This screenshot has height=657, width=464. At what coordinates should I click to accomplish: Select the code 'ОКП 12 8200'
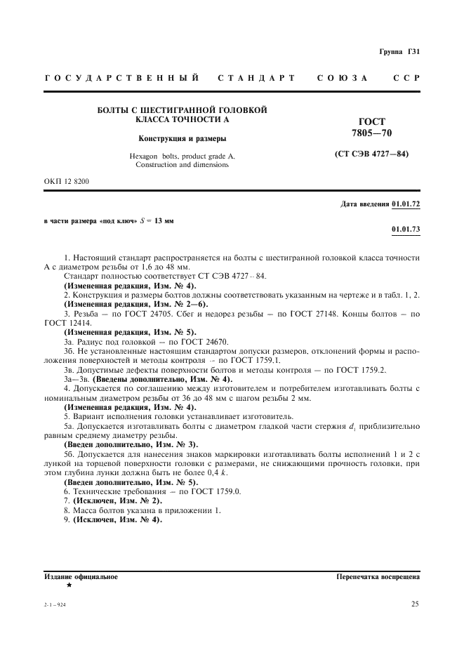tap(67, 181)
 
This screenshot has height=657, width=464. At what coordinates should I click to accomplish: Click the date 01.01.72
tap(406, 204)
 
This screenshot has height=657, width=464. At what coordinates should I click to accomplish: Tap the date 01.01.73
tap(406, 230)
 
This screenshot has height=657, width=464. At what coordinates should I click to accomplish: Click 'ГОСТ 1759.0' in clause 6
tap(216, 492)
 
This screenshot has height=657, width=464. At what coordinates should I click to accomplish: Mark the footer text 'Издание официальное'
tap(81, 576)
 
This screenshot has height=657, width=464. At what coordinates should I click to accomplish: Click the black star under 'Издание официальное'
tap(69, 585)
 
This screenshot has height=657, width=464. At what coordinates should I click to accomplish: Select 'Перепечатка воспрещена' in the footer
tap(378, 576)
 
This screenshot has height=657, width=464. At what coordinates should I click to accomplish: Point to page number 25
tap(415, 603)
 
